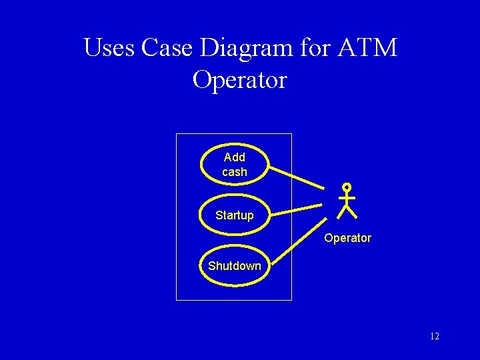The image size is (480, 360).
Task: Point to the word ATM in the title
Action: (367, 48)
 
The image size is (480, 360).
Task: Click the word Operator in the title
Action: (239, 80)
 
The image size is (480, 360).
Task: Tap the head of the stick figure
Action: (347, 188)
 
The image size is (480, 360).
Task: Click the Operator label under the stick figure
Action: (347, 238)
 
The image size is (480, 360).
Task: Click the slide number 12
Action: (435, 337)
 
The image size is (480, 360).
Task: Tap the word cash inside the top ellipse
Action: (235, 172)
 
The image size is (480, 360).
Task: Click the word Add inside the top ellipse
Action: (235, 157)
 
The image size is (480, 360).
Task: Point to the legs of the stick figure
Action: (347, 212)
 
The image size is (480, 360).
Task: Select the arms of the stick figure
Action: (347, 197)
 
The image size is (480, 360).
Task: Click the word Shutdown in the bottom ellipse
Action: (235, 266)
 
